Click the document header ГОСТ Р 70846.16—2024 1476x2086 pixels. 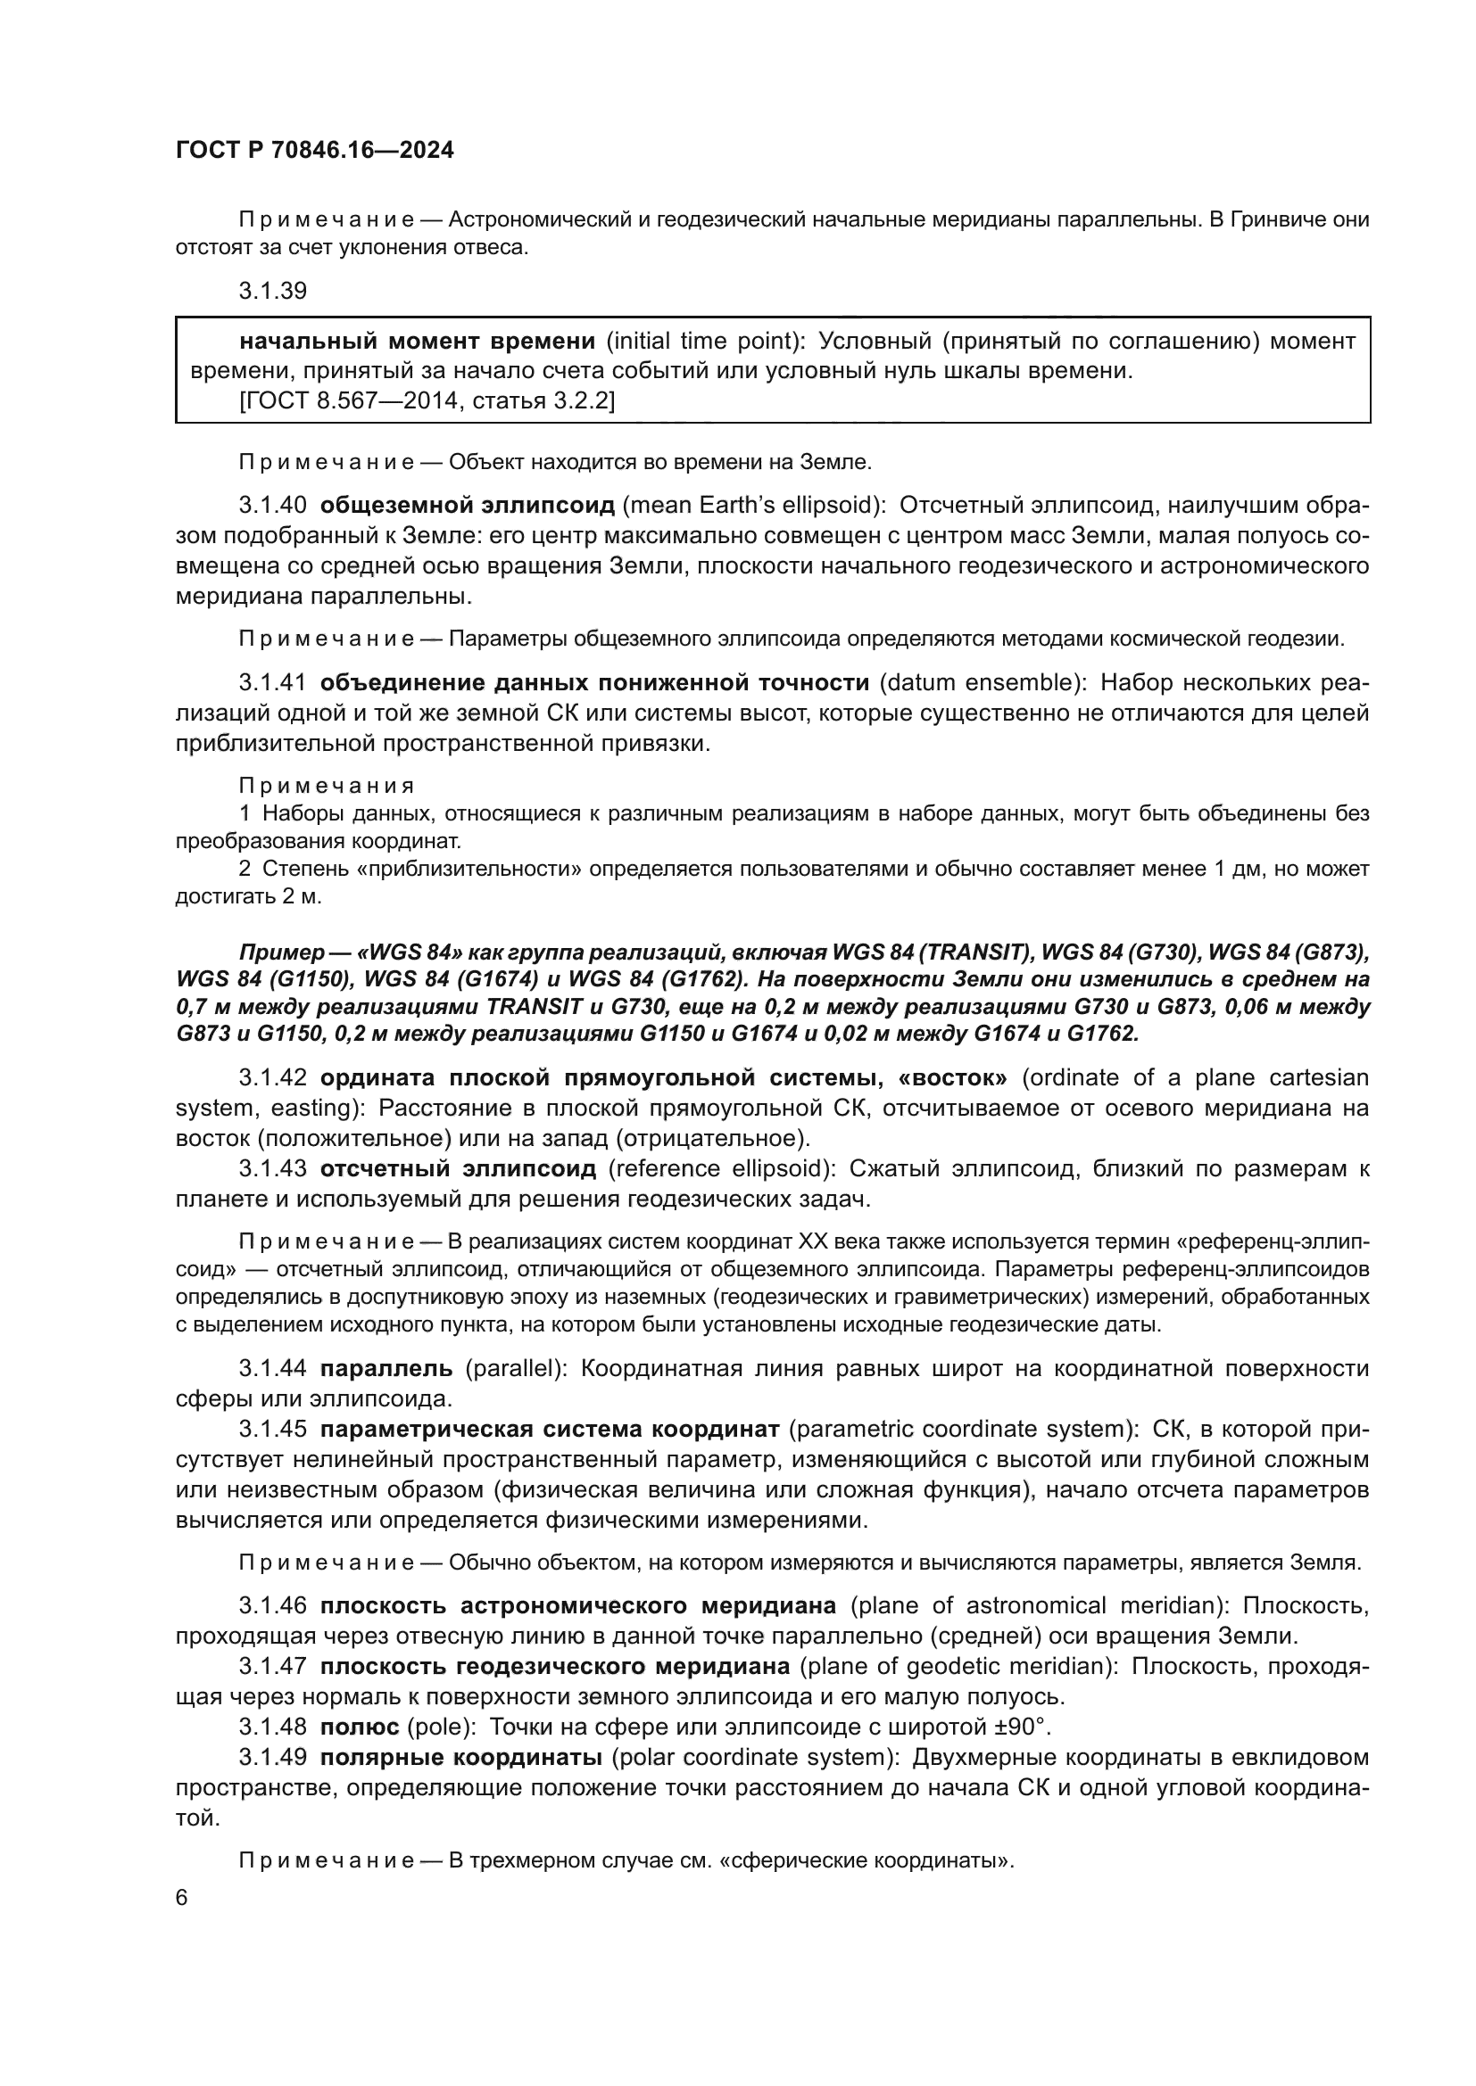pos(314,150)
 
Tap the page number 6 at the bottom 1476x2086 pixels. pos(182,1898)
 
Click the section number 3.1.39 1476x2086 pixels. pos(273,291)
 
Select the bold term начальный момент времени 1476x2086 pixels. pos(416,341)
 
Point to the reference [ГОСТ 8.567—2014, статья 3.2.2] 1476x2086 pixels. pos(427,400)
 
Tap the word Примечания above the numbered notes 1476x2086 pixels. pos(327,785)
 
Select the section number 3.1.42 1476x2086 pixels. pos(273,1077)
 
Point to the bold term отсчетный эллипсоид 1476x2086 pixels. pos(458,1168)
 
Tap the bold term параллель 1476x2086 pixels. pos(386,1368)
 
